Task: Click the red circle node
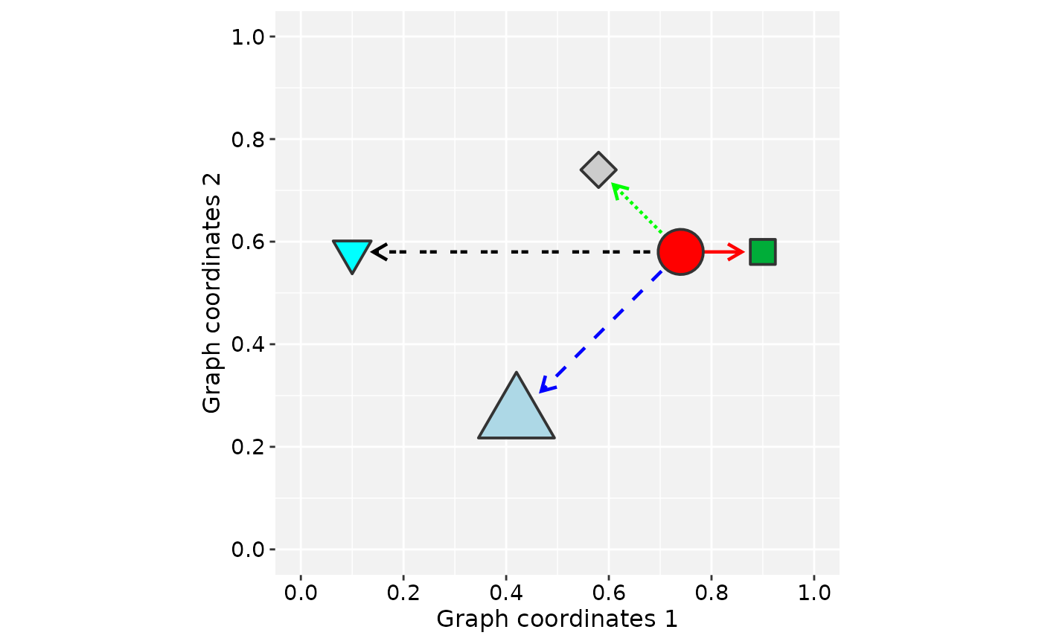tap(680, 252)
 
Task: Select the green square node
tap(762, 252)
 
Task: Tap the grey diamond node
tap(598, 170)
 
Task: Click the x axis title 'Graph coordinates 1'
tap(557, 619)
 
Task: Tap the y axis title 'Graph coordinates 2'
tap(212, 293)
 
